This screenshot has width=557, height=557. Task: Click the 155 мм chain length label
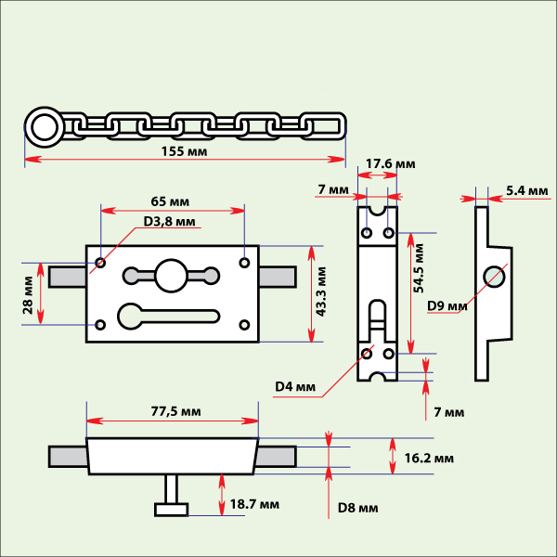pos(185,150)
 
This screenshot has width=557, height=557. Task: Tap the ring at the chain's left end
pos(42,126)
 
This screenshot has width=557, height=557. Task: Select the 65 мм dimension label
pos(171,201)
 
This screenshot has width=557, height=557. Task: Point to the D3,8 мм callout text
pos(169,222)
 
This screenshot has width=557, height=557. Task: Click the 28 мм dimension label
pos(28,293)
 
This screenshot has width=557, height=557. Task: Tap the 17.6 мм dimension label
pos(390,164)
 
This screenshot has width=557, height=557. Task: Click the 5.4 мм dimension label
pos(527,190)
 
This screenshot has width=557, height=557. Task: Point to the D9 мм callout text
pos(446,305)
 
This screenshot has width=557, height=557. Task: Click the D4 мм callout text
pos(295,386)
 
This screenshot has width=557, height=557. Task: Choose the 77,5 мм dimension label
pos(175,410)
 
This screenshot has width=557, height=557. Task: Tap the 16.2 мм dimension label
pos(429,458)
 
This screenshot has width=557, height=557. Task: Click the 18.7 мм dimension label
pos(254,505)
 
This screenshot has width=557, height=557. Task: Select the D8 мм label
pos(357,508)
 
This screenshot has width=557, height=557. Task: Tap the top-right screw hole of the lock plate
pos(244,262)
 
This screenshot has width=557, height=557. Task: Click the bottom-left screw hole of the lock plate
pos(100,324)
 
